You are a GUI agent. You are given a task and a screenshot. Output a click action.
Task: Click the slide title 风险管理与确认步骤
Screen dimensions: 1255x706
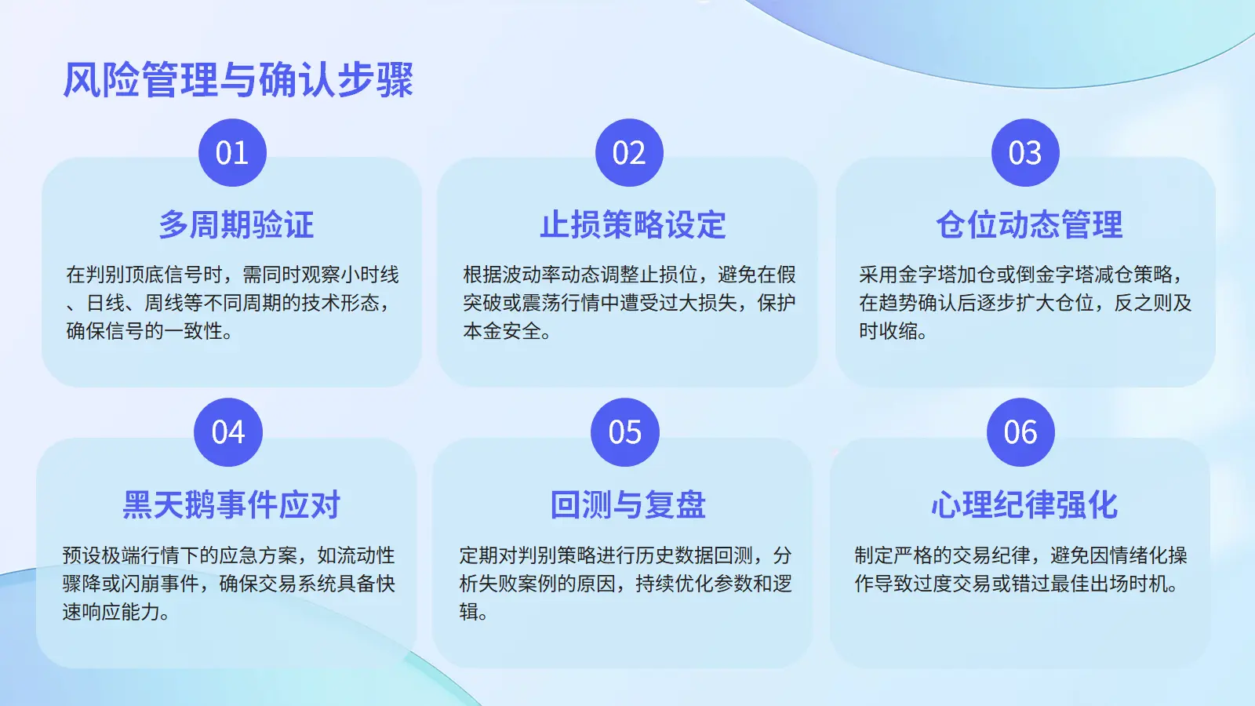click(x=238, y=79)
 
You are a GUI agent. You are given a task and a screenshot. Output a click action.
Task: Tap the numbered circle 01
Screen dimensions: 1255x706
click(x=232, y=152)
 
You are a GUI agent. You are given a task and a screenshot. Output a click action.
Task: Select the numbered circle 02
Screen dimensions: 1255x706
click(x=629, y=152)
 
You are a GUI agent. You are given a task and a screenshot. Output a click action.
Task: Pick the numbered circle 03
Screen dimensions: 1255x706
click(x=1025, y=152)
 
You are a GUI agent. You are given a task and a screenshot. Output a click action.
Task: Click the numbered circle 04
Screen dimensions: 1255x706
click(x=228, y=432)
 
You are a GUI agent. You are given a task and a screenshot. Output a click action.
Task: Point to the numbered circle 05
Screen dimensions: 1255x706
click(x=624, y=432)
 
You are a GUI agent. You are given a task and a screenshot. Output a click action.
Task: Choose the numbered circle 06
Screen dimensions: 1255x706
click(x=1020, y=432)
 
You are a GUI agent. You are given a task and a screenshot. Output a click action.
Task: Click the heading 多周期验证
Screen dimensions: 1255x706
click(x=236, y=224)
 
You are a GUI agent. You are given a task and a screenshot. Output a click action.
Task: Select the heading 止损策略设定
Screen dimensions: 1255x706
click(x=633, y=224)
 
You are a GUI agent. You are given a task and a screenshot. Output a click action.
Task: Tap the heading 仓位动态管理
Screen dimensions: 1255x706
click(x=1030, y=224)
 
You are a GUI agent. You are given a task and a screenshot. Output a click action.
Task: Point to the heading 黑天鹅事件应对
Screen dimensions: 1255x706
click(x=231, y=505)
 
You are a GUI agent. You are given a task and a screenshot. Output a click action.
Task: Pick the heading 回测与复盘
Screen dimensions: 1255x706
click(x=628, y=505)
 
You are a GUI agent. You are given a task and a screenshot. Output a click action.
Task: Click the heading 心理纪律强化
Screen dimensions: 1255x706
click(x=1024, y=505)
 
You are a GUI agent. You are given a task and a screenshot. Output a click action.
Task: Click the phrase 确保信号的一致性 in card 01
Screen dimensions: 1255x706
click(x=144, y=330)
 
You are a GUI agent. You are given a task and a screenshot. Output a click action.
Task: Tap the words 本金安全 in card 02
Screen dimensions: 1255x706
click(x=502, y=330)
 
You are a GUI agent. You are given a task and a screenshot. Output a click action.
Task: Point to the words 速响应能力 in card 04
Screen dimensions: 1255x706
click(x=111, y=611)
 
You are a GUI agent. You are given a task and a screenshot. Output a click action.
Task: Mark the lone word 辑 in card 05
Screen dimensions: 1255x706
click(x=468, y=611)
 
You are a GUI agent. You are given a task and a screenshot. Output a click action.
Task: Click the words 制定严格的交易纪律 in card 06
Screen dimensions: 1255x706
click(x=942, y=555)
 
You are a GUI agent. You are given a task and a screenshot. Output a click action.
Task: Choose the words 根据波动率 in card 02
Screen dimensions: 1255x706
click(x=512, y=275)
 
